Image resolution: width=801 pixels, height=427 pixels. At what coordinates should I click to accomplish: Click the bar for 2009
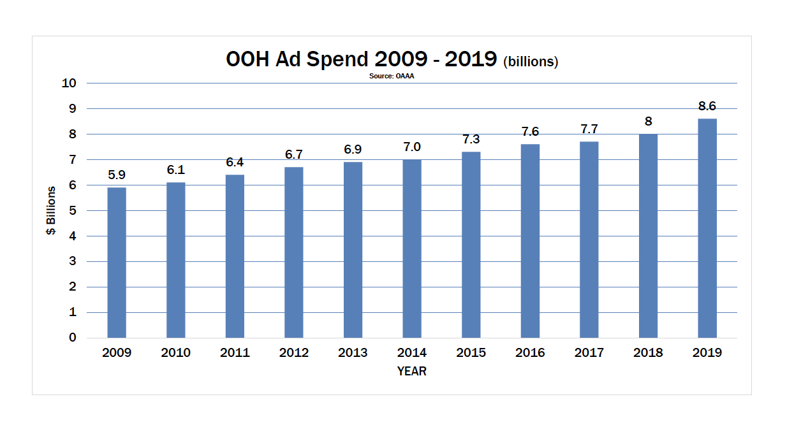[x=117, y=263]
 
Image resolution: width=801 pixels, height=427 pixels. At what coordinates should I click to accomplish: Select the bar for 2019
[x=707, y=228]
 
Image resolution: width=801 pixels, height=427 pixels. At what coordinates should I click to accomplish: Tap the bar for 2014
[x=412, y=249]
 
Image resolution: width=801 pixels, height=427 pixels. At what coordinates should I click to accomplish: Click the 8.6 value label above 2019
[x=707, y=106]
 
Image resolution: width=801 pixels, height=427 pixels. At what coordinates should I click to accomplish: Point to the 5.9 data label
[x=117, y=175]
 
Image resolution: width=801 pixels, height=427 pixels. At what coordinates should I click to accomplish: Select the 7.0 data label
[x=412, y=147]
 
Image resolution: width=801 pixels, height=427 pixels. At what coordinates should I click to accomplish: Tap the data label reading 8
[x=649, y=122]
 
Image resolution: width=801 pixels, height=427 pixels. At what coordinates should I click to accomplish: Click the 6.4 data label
[x=235, y=163]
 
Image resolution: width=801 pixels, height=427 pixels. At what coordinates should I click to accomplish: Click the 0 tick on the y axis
[x=73, y=338]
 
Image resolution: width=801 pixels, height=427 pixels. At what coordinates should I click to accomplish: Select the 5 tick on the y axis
[x=73, y=210]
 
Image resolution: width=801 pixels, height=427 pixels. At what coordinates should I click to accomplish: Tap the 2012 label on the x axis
[x=294, y=353]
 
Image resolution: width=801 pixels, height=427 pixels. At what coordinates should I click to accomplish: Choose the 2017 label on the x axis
[x=589, y=353]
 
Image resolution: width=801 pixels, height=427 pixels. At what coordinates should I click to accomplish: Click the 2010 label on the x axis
[x=175, y=353]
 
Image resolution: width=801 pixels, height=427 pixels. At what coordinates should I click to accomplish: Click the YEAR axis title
[x=411, y=371]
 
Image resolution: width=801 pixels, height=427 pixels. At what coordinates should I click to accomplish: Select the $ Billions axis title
[x=51, y=210]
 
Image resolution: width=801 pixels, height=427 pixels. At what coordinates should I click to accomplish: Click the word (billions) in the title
[x=531, y=62]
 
